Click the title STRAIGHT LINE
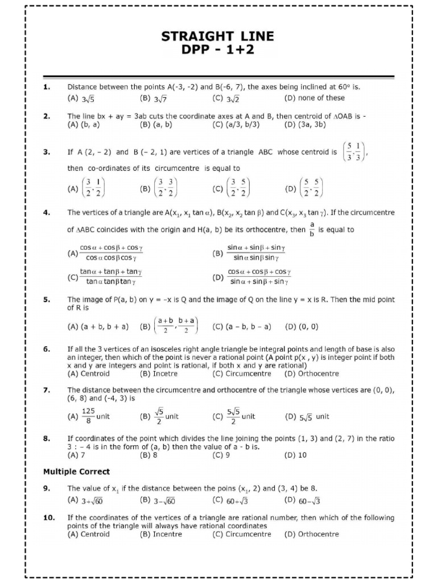coord(218,37)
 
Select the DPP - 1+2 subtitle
coord(218,50)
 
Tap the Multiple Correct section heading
coord(76,471)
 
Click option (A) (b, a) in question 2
coord(83,124)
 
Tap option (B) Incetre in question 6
coord(158,374)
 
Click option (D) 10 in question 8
coord(295,455)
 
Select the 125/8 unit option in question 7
coord(89,416)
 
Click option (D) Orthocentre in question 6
coord(311,374)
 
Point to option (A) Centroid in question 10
coord(88,534)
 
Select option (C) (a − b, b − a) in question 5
coord(242,327)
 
